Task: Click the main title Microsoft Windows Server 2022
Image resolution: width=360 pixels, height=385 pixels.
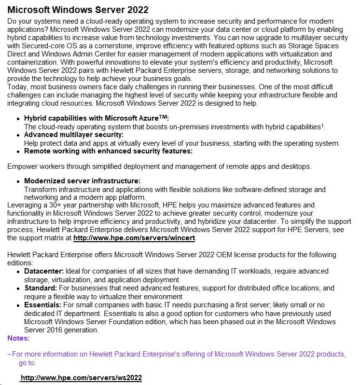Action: pos(78,10)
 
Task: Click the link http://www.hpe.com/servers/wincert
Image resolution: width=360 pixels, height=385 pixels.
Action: pos(135,238)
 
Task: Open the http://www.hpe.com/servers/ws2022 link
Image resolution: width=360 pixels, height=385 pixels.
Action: pos(81,378)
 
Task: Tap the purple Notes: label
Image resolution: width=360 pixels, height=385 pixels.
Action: pos(18,338)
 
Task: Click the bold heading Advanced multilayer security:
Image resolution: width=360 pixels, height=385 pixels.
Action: pos(74,135)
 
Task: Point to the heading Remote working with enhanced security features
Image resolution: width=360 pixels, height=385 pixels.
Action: pos(108,151)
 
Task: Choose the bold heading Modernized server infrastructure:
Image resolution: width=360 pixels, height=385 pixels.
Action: pos(82,181)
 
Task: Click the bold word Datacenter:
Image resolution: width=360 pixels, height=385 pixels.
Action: pos(44,271)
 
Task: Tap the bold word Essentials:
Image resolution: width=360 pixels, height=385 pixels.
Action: pos(43,305)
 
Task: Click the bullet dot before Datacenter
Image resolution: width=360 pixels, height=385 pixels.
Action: pos(18,272)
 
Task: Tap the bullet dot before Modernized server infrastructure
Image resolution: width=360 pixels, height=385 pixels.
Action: pos(18,181)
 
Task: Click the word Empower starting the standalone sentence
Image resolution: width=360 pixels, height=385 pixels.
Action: pos(22,166)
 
